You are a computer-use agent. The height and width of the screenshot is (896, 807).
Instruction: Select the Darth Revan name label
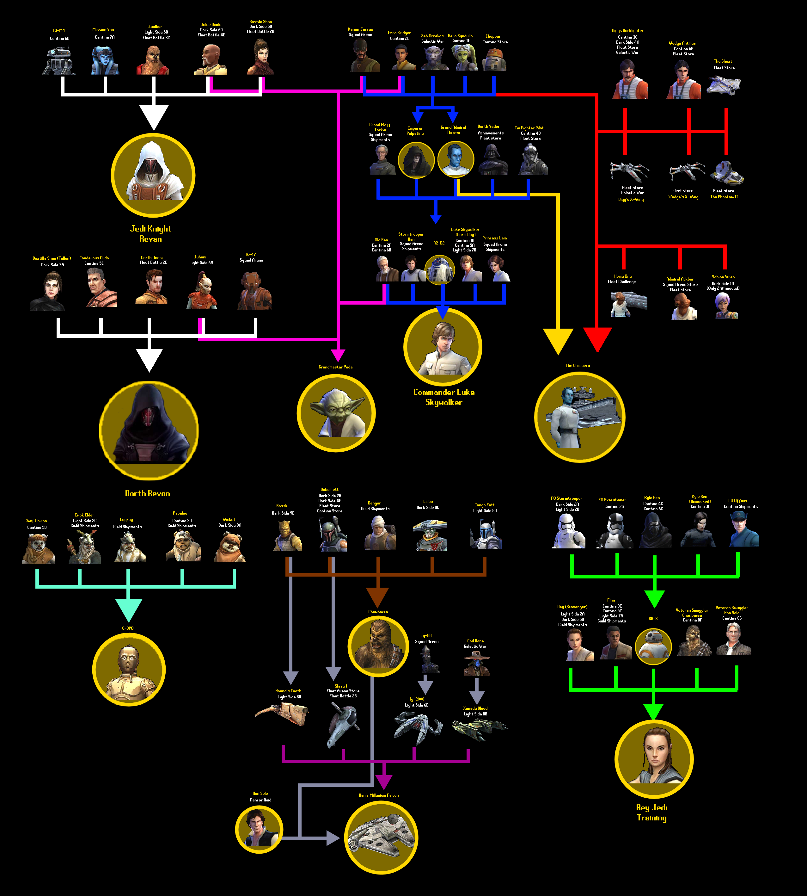pyautogui.click(x=147, y=493)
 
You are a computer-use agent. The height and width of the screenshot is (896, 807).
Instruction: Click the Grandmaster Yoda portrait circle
pyautogui.click(x=336, y=413)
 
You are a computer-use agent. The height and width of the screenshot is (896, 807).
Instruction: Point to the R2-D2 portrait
pyautogui.click(x=439, y=269)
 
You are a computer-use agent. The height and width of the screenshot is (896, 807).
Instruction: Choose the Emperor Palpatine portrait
pyautogui.click(x=416, y=160)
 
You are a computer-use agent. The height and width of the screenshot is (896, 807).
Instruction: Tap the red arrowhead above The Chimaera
pyautogui.click(x=597, y=339)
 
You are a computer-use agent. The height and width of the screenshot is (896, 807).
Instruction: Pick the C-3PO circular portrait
pyautogui.click(x=129, y=670)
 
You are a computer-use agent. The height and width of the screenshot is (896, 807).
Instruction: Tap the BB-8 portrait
pyautogui.click(x=653, y=646)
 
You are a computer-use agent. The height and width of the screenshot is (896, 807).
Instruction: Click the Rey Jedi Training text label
pyautogui.click(x=651, y=813)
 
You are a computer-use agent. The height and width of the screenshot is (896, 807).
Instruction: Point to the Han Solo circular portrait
pyautogui.click(x=259, y=830)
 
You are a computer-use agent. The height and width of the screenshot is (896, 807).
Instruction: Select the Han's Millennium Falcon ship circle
pyautogui.click(x=381, y=837)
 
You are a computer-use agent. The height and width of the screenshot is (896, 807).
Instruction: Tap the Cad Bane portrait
pyautogui.click(x=476, y=664)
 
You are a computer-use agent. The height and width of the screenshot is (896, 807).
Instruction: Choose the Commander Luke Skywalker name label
pyautogui.click(x=444, y=397)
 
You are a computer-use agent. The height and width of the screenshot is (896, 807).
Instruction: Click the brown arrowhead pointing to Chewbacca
pyautogui.click(x=377, y=596)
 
